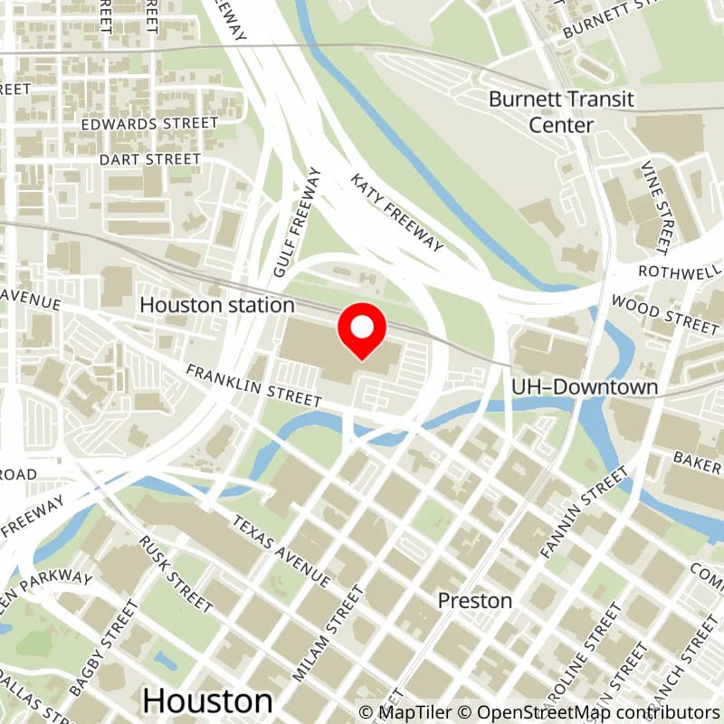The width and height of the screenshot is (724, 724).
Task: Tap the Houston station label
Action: point(217,305)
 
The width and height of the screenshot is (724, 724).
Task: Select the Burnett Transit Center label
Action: point(561,111)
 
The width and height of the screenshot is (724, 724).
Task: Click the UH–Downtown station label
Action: point(584,387)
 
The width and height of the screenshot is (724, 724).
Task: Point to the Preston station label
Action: point(475,600)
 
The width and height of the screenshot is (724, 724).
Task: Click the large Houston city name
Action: point(207,700)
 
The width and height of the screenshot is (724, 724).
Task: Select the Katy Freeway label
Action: point(398,213)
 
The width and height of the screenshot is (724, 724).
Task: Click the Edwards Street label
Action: point(149,123)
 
